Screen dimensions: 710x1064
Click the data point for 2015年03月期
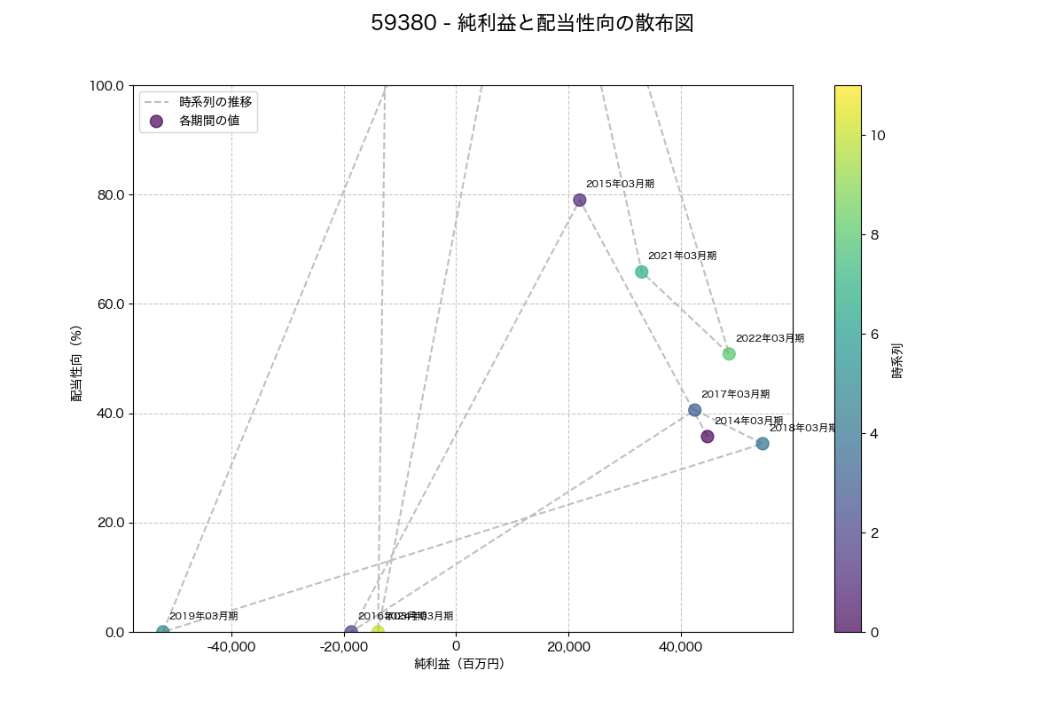pyautogui.click(x=579, y=200)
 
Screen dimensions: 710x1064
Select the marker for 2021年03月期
pyautogui.click(x=641, y=272)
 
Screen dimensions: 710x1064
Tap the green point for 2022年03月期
pyautogui.click(x=729, y=354)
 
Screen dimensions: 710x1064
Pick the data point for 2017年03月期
pyautogui.click(x=694, y=410)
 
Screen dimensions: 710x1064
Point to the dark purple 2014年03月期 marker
pyautogui.click(x=707, y=437)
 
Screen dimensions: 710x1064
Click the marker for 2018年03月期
pyautogui.click(x=763, y=444)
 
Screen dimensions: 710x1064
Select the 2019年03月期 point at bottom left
pyautogui.click(x=163, y=632)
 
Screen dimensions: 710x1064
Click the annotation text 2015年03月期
pyautogui.click(x=620, y=184)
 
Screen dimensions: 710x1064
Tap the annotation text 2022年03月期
pyautogui.click(x=770, y=338)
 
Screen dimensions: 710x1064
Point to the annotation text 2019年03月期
pyautogui.click(x=203, y=616)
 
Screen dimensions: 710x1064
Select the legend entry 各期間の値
pyautogui.click(x=209, y=121)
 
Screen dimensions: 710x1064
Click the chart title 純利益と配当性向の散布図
pyautogui.click(x=532, y=24)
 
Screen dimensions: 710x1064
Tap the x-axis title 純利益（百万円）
pyautogui.click(x=459, y=664)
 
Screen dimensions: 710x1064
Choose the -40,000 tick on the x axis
pyautogui.click(x=231, y=645)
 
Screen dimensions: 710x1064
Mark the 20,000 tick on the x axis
pyautogui.click(x=568, y=645)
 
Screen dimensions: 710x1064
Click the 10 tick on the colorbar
pyautogui.click(x=878, y=136)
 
